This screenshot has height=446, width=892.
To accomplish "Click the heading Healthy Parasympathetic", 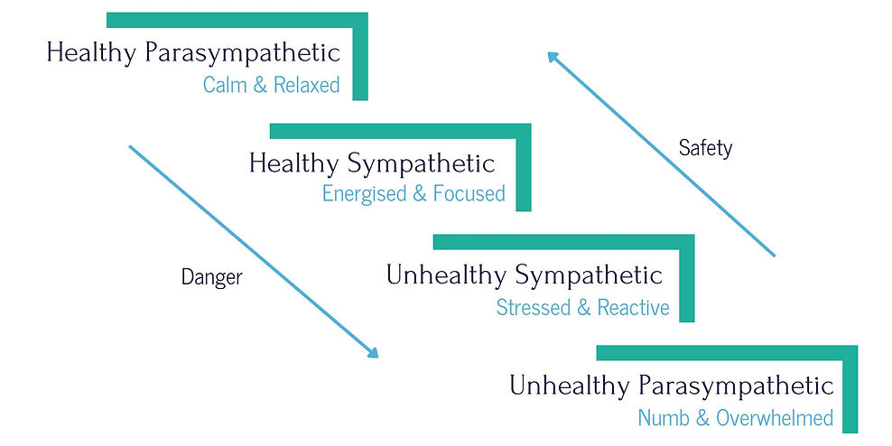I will coord(193,52).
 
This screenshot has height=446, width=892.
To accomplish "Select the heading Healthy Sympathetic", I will coord(371,163).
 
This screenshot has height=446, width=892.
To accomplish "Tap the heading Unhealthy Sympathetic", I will coord(524,274).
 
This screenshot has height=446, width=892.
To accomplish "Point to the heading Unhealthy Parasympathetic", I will coord(671,386).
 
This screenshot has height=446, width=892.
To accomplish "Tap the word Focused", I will coord(469,194).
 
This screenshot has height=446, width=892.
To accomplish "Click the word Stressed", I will coord(534,307).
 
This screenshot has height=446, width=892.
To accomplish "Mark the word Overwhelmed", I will coord(774,418).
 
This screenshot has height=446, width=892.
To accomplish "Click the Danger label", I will coord(211,277).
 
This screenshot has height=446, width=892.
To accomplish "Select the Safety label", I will coord(705,148).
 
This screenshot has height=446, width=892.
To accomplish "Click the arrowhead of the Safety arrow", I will coord(552,56).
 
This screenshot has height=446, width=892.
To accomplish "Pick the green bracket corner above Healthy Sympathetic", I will coord(523,131).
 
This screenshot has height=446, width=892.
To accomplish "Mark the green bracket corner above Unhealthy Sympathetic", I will coord(686,242).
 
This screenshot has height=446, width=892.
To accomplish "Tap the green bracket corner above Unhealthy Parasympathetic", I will coord(850,352).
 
